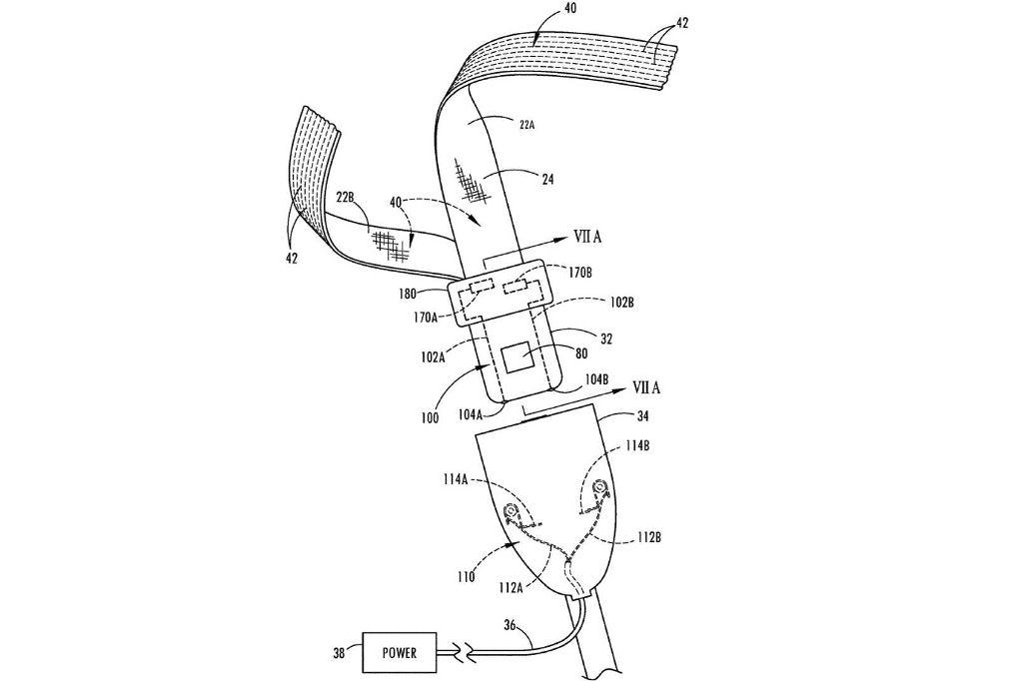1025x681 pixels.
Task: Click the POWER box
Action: click(400, 652)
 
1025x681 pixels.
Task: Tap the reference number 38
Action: click(340, 652)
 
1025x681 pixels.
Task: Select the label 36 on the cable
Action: click(510, 625)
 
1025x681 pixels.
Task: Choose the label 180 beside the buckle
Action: click(407, 295)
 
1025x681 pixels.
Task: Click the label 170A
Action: click(426, 319)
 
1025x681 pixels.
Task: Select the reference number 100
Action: click(430, 418)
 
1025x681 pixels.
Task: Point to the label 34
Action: click(642, 415)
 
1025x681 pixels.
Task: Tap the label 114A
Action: click(455, 479)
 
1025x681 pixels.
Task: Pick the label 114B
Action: click(636, 446)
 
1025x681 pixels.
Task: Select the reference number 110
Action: click(466, 577)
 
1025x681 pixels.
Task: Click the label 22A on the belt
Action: click(526, 125)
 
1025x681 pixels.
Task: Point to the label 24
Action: click(547, 178)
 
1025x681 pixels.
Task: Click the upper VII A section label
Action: click(587, 238)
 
